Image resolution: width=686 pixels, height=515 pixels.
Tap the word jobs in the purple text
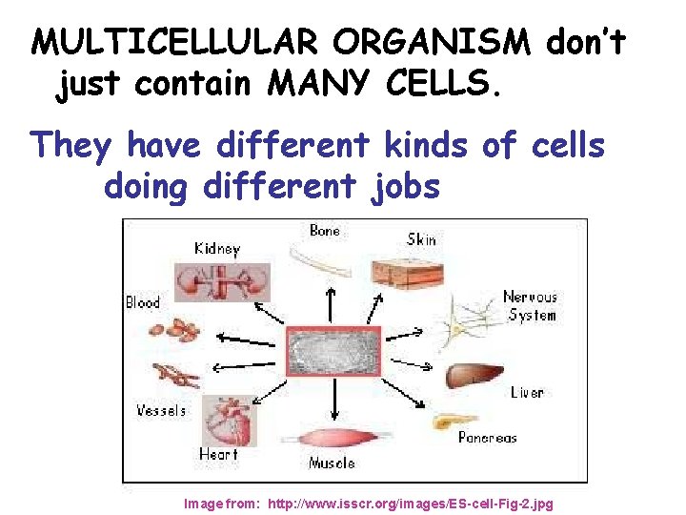[x=404, y=187]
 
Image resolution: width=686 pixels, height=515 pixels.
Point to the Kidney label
[x=217, y=249]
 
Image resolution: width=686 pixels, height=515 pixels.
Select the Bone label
[x=325, y=231]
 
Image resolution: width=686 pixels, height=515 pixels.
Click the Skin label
[x=421, y=238]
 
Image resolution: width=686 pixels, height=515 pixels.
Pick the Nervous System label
[x=531, y=305]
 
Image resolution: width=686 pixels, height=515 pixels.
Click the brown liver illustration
[x=474, y=373]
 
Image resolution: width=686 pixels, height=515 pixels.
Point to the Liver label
[x=527, y=393]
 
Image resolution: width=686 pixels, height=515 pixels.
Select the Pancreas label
[x=487, y=438]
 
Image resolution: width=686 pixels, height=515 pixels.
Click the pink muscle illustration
[x=331, y=441]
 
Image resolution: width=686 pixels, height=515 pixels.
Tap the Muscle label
[x=332, y=463]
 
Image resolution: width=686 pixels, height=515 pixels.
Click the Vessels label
[x=161, y=411]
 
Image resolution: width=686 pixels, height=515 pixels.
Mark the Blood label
[x=143, y=302]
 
